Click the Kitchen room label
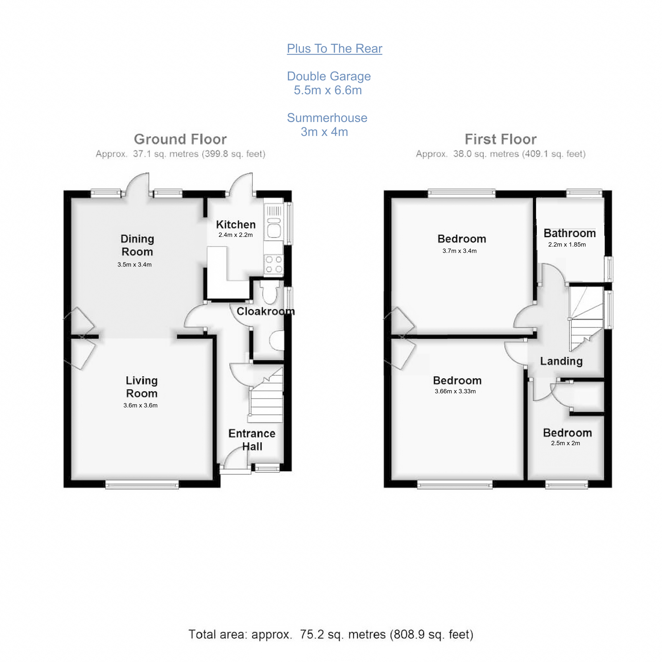(236, 224)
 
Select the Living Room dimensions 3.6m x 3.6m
(141, 405)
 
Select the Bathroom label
(569, 233)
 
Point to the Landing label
(561, 361)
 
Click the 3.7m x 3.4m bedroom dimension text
(460, 251)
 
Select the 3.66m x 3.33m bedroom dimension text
(455, 391)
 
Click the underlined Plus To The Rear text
(334, 49)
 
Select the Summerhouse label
(327, 118)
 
